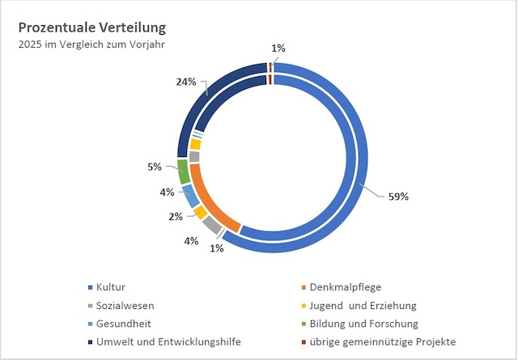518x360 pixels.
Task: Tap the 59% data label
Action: (398, 196)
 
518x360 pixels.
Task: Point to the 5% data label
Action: (155, 167)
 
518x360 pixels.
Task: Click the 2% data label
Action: (175, 217)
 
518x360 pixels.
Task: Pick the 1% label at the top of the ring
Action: (278, 49)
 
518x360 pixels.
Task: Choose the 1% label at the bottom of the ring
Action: (216, 248)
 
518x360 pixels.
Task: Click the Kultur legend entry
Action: (111, 287)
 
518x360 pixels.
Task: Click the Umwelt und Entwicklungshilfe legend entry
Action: (168, 341)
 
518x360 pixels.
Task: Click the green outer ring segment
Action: (184, 172)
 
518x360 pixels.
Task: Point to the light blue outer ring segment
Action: (189, 195)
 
